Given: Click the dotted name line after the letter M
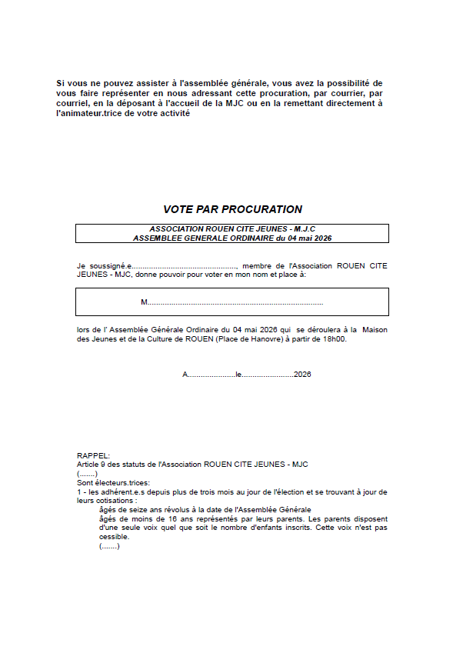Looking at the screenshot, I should click(x=235, y=303).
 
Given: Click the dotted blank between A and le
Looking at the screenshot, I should click(x=212, y=375).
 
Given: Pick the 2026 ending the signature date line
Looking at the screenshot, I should click(x=302, y=375).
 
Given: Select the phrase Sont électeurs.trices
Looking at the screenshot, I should click(x=113, y=482).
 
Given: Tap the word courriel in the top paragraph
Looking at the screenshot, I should click(x=74, y=103).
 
